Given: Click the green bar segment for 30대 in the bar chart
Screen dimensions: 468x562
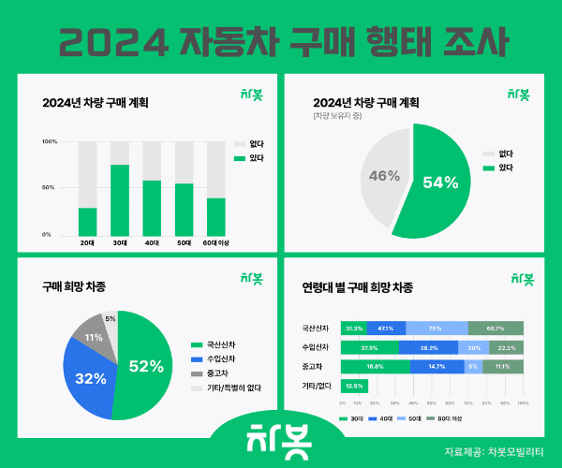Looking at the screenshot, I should point(120,200).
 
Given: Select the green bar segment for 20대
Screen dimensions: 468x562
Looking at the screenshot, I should point(87,221).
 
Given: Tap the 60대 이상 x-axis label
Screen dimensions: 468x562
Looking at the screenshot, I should point(216,242).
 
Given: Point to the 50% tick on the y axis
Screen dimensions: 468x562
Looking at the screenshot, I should point(51,188).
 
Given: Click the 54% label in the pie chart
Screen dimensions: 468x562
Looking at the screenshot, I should point(440,182).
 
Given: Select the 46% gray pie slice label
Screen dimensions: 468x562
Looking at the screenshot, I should point(385,176).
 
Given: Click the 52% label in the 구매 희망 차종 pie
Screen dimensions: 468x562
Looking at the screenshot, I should point(146,366).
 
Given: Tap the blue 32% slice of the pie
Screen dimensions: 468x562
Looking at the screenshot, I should point(89,377).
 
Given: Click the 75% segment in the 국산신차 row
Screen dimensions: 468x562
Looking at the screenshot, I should point(436,329).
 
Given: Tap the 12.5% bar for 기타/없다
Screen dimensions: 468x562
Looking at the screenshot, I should point(354,385).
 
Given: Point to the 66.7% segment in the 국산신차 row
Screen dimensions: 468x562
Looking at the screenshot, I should point(495,329).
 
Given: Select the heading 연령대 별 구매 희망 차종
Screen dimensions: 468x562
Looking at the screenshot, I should point(357,287).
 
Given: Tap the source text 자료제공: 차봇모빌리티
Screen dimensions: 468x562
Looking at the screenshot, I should point(497,451).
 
